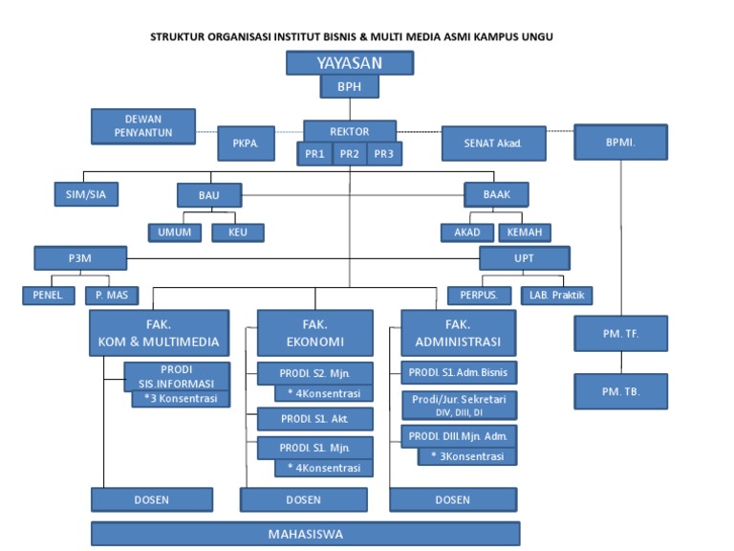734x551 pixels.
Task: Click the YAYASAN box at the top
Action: tap(350, 63)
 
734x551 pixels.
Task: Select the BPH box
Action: tap(350, 87)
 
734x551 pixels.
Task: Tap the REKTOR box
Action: tap(350, 131)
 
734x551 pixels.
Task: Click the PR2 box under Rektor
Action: tap(350, 154)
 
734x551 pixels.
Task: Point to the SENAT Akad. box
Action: tap(493, 143)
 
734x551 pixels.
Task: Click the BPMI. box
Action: tap(620, 143)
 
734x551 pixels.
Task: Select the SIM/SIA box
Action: tap(85, 194)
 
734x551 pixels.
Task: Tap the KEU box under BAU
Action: tap(238, 232)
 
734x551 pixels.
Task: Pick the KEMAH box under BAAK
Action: tap(524, 232)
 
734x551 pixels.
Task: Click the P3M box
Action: tap(80, 257)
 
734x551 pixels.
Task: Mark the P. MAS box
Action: tap(111, 296)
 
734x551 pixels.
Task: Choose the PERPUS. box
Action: tap(479, 295)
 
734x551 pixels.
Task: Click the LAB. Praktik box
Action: tap(557, 295)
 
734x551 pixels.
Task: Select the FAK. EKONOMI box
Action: tap(315, 333)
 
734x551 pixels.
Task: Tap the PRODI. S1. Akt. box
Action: tap(315, 419)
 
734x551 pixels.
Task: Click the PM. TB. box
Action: tap(620, 392)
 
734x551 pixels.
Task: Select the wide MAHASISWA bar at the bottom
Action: tap(305, 534)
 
